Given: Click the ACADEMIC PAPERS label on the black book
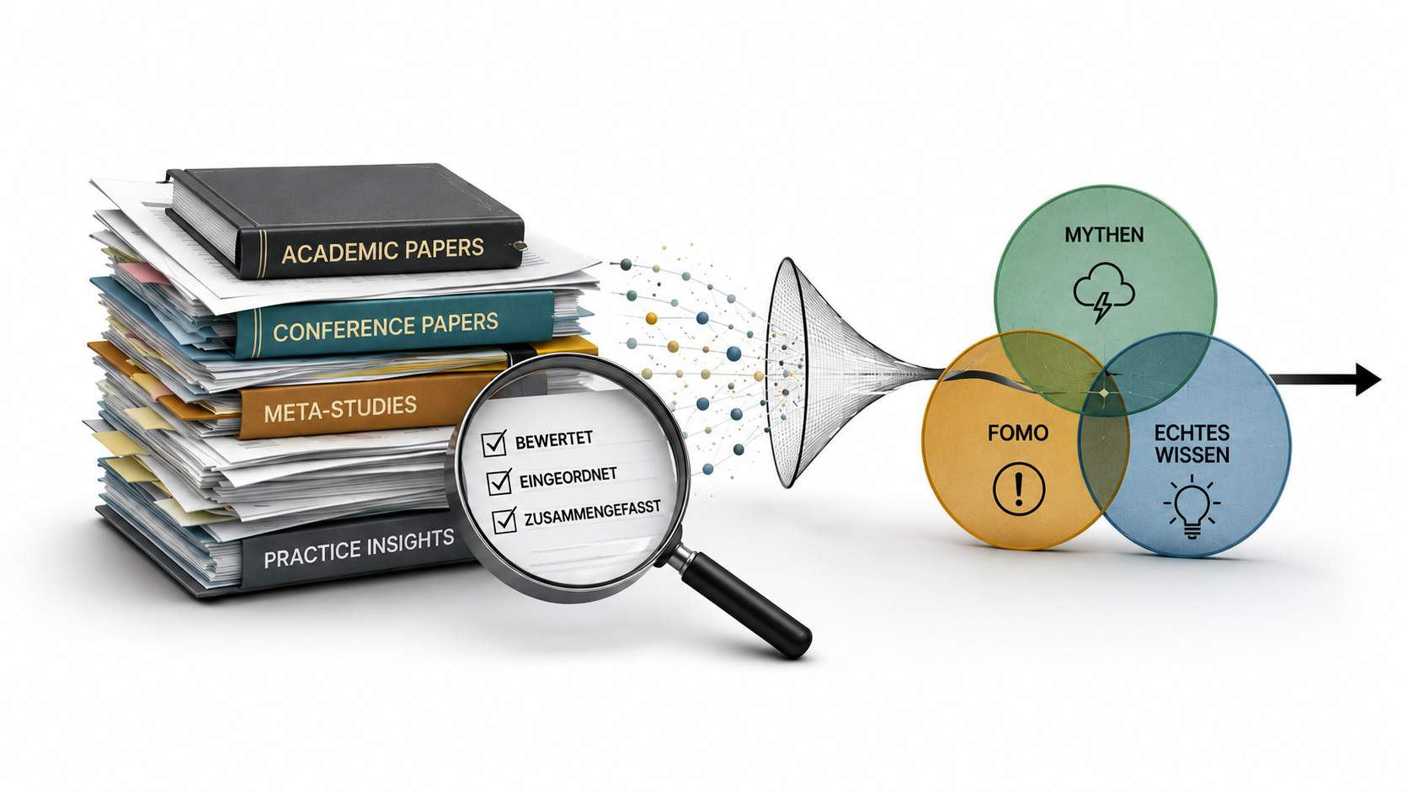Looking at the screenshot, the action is [383, 250].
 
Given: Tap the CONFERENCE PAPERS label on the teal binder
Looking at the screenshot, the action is [386, 327].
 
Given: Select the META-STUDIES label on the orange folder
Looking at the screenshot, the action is [340, 409].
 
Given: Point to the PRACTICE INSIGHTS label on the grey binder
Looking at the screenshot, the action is [359, 548].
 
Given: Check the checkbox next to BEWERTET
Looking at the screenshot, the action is [494, 443].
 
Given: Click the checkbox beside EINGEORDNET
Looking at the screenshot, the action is [499, 481].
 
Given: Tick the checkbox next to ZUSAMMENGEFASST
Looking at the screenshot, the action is [504, 520].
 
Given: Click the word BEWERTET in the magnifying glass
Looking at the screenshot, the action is [554, 439].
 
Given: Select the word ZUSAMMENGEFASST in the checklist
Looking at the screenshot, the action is [592, 513].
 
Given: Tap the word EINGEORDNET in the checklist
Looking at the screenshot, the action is [568, 477].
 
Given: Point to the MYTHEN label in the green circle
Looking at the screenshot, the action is [1104, 235].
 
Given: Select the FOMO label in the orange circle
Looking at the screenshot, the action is [1018, 433].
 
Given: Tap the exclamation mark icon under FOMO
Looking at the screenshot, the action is [1019, 489].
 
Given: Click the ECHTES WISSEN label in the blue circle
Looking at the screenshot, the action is [1191, 444].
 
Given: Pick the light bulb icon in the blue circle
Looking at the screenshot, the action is [1192, 506].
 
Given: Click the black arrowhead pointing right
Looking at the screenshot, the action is [1368, 379].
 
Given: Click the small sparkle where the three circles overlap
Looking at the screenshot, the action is [1104, 393].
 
